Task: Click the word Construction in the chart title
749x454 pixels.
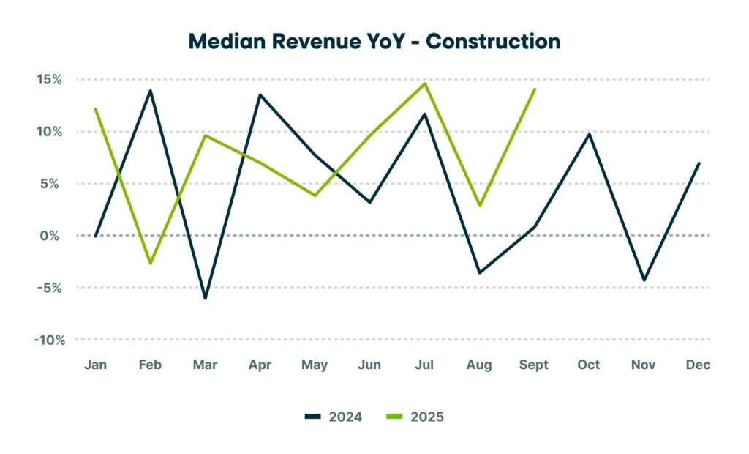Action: coord(493,41)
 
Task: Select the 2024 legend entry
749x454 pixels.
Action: coord(336,417)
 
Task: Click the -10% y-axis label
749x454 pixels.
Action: coord(48,340)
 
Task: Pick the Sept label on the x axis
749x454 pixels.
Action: coord(533,365)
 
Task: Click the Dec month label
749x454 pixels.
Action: coord(699,365)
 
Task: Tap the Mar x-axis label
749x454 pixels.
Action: coord(205,365)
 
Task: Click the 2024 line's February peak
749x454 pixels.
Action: coord(150,91)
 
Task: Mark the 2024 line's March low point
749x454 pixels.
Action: coord(205,298)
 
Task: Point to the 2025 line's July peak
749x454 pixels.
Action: coord(425,83)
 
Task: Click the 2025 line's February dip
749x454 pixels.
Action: coord(150,263)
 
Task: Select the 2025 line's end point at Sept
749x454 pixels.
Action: coord(535,89)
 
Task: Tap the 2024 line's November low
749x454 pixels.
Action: coord(644,280)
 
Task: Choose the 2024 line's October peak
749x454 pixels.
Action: coord(590,134)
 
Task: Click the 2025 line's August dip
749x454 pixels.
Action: coord(480,206)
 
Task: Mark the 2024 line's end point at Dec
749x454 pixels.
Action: coord(699,163)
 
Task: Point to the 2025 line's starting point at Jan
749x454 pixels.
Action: coord(96,109)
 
